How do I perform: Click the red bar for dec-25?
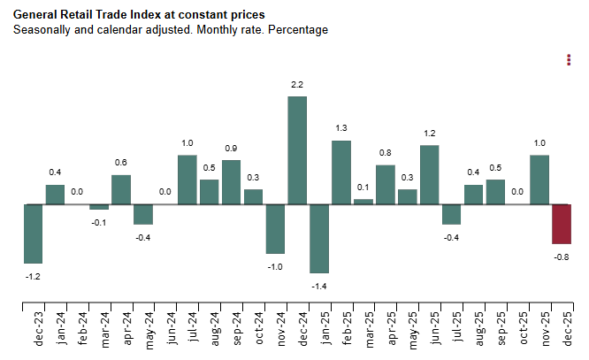[x=562, y=224]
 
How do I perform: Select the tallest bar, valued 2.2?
[x=297, y=150]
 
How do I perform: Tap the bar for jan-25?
[x=319, y=239]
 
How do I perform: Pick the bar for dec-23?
[x=34, y=234]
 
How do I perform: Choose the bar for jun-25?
[x=430, y=175]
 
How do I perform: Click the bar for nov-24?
[x=275, y=229]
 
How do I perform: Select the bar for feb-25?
[x=341, y=172]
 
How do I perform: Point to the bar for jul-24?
[x=187, y=180]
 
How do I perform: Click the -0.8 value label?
[x=562, y=257]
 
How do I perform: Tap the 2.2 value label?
[x=297, y=84]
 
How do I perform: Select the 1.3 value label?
[x=341, y=128]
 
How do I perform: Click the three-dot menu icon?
[x=569, y=59]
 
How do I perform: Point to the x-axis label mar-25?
[x=363, y=330]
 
